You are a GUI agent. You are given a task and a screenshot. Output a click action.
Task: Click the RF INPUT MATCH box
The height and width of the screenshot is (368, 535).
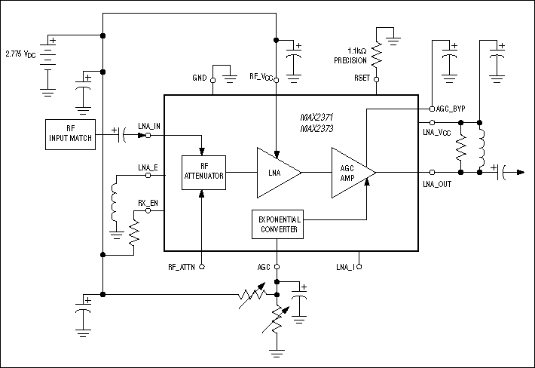[x=71, y=134]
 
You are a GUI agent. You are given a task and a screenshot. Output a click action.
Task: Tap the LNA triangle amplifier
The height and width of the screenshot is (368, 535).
[x=275, y=173]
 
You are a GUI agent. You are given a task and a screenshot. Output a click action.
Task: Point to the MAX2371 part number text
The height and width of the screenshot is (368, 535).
[x=316, y=118]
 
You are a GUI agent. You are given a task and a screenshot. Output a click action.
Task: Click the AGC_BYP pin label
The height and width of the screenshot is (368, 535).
[x=451, y=109]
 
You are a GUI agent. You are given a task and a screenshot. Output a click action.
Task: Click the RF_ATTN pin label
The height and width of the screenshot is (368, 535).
[x=183, y=267]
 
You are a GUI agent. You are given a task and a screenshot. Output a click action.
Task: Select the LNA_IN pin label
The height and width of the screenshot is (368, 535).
[x=149, y=126]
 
